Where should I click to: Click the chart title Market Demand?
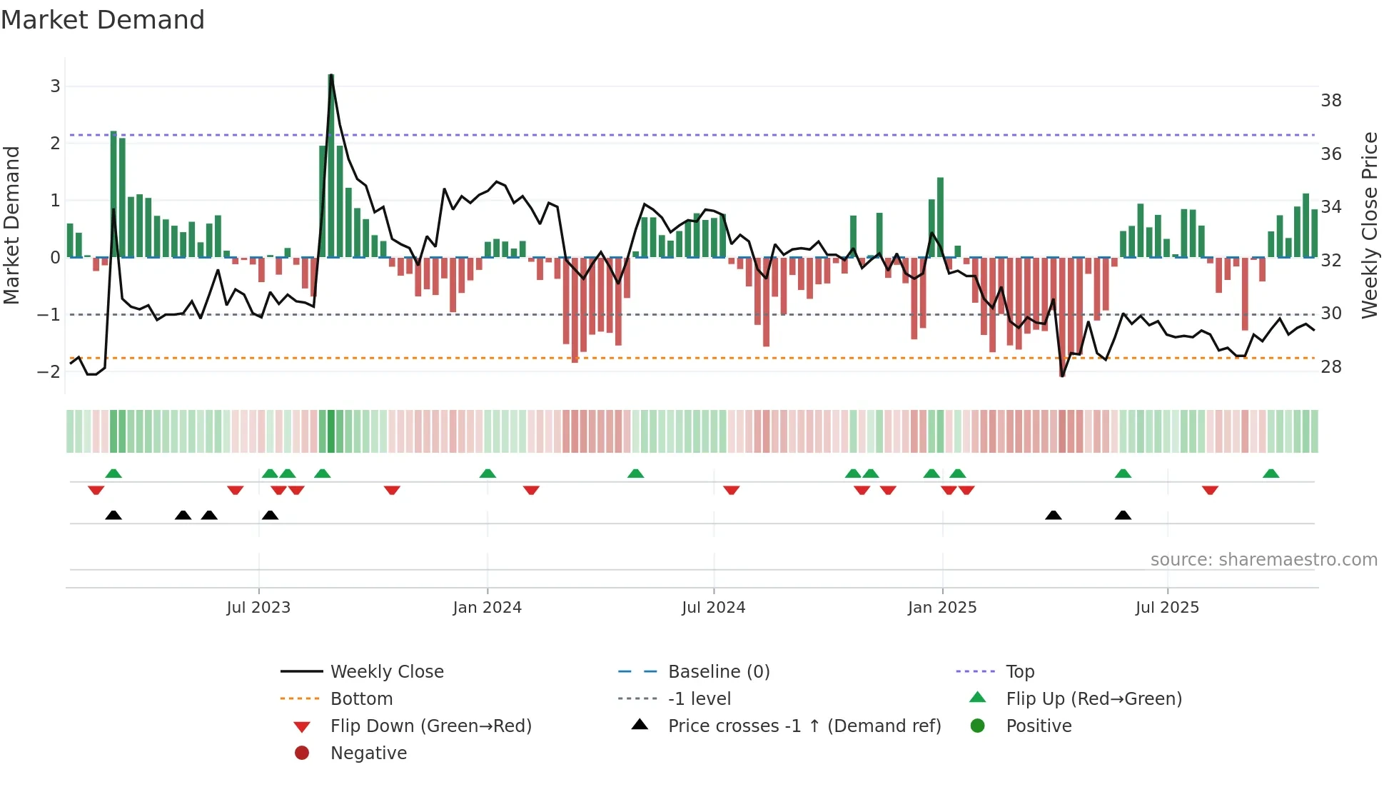point(103,20)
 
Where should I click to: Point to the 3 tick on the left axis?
point(55,86)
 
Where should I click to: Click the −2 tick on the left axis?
point(49,371)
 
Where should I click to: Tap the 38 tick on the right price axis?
point(1330,101)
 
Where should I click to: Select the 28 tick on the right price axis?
point(1330,367)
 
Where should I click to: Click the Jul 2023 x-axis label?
point(258,608)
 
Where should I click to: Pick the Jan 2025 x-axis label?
point(941,608)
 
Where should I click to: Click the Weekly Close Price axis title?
point(1369,225)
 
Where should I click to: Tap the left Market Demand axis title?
point(12,225)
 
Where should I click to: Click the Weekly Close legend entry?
point(386,672)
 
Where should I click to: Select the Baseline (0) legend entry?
point(718,672)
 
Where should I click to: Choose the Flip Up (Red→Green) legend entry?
point(1094,699)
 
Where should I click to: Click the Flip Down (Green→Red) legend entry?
point(430,726)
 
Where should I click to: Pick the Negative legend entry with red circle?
point(368,753)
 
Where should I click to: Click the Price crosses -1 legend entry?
point(804,726)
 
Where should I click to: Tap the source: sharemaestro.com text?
point(1263,560)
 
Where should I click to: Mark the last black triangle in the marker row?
point(1123,515)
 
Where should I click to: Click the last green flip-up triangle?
point(1271,473)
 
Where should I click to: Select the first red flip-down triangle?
point(96,490)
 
